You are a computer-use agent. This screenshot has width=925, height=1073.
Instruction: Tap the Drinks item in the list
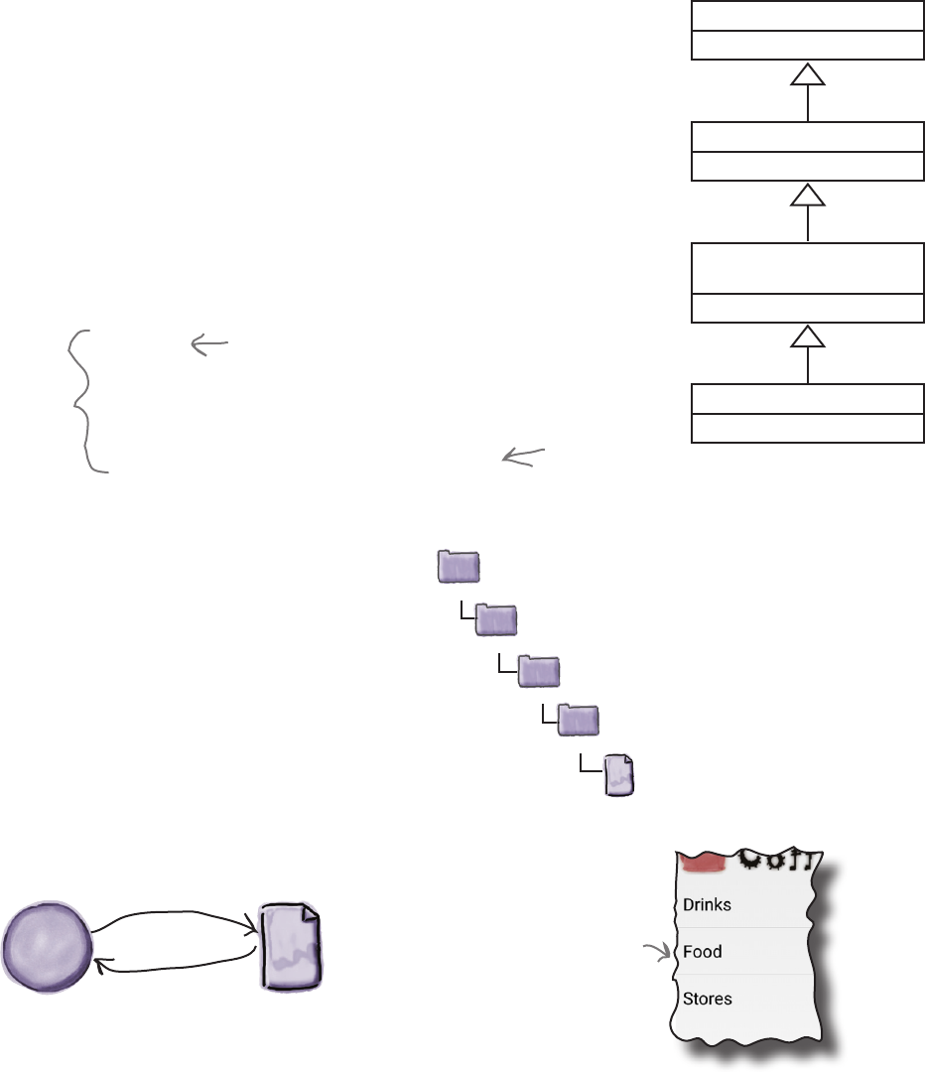[x=708, y=905]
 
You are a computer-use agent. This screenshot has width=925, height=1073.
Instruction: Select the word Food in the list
[x=703, y=952]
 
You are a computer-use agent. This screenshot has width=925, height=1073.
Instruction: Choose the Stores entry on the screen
[x=708, y=999]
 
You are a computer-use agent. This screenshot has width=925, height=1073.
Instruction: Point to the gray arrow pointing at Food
[x=656, y=954]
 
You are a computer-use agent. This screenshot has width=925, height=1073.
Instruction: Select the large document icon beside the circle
[x=291, y=946]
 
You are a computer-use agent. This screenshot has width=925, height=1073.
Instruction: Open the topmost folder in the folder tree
[x=459, y=568]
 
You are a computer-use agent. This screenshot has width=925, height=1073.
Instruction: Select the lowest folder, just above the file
[x=578, y=720]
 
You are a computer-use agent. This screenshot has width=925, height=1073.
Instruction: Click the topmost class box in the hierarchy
[x=806, y=31]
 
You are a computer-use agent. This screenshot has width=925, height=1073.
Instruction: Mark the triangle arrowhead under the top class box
[x=808, y=75]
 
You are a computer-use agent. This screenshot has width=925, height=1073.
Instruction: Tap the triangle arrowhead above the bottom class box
[x=808, y=338]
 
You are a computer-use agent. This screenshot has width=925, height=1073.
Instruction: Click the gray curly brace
[x=84, y=401]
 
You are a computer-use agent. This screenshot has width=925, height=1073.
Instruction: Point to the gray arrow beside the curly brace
[x=209, y=344]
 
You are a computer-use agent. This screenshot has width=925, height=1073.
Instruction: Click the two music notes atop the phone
[x=809, y=859]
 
